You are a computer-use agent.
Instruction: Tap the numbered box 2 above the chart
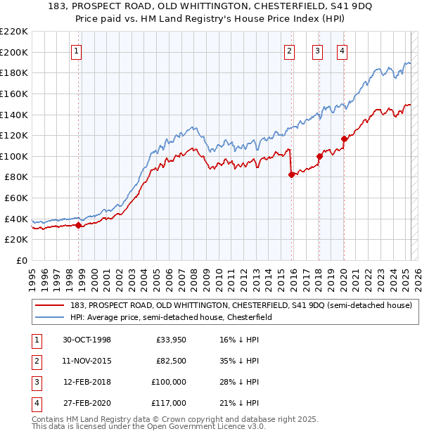tap(289, 50)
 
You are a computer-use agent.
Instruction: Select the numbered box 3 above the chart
tap(317, 50)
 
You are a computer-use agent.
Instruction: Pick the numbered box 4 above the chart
tap(342, 50)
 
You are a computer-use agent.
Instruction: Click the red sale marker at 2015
tap(291, 175)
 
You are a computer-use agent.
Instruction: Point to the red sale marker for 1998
tap(79, 225)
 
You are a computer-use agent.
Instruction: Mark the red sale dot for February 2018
tap(319, 156)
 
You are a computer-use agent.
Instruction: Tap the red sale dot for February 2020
tap(345, 139)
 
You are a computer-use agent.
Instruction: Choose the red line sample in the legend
tap(49, 305)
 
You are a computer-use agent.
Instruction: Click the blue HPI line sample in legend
tap(49, 317)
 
